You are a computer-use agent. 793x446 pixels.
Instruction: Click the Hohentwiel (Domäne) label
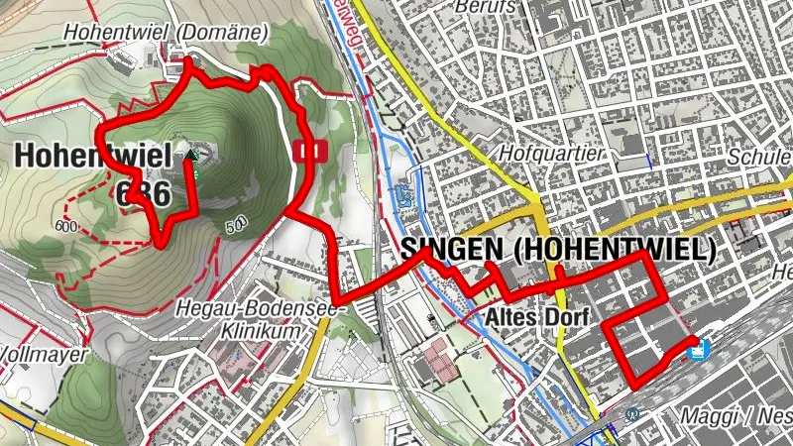tap(166, 33)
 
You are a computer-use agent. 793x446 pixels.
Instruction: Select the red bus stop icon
tap(311, 151)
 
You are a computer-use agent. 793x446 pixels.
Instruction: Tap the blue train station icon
tap(700, 349)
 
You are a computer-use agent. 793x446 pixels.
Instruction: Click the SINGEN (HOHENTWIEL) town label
tap(559, 250)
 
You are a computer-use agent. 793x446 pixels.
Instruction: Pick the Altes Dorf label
tap(539, 317)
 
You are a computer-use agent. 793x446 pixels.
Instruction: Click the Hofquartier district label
tap(552, 155)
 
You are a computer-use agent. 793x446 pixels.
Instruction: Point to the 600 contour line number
tap(67, 226)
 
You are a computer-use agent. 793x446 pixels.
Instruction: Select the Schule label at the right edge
tap(759, 158)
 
